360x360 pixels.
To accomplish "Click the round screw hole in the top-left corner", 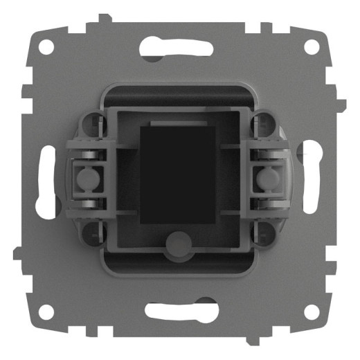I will pyautogui.click(x=46, y=48).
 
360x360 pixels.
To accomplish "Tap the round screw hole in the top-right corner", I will pyautogui.click(x=313, y=48).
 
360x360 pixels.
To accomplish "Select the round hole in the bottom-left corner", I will pyautogui.click(x=46, y=313).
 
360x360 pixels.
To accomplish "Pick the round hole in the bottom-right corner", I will pyautogui.click(x=313, y=313).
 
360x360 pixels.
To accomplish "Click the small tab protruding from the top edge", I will pyautogui.click(x=102, y=18).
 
